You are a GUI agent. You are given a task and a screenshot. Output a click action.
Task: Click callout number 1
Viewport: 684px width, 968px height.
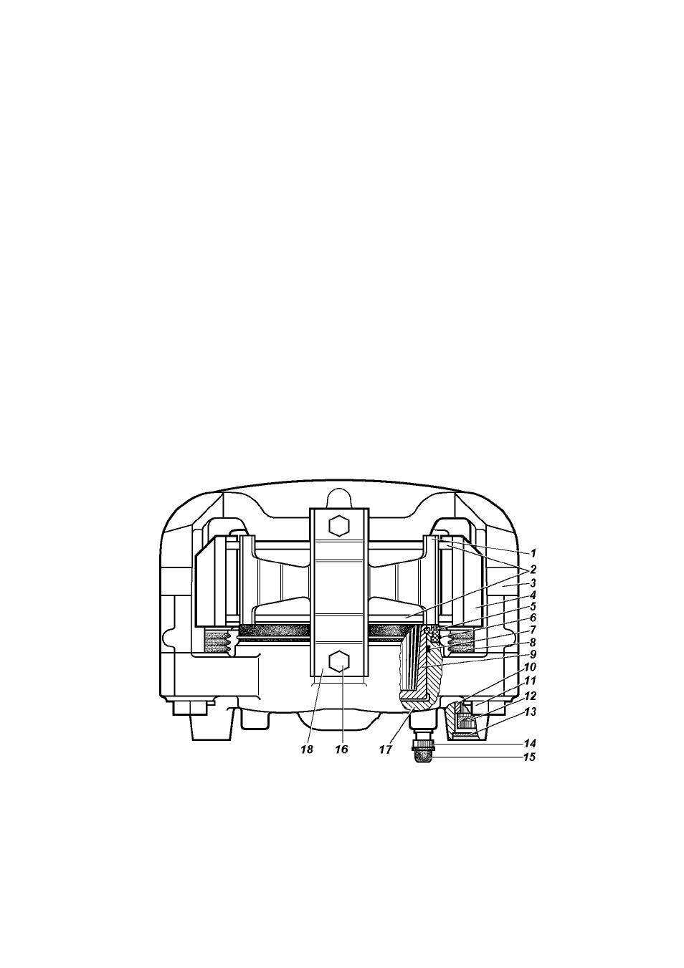(x=533, y=553)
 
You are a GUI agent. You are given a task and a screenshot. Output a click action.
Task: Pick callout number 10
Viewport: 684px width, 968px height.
(x=530, y=667)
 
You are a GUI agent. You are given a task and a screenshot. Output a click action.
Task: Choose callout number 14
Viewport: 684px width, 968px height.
(x=530, y=743)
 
